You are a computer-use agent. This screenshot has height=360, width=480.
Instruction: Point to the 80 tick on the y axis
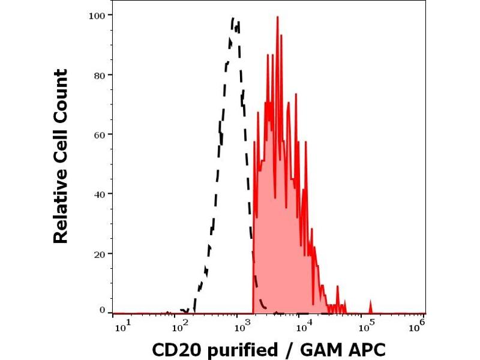click(99, 75)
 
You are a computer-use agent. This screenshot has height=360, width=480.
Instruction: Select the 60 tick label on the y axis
click(99, 134)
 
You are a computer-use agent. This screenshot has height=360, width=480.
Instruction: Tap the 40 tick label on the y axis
click(99, 194)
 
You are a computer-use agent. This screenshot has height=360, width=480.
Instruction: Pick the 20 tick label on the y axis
click(99, 254)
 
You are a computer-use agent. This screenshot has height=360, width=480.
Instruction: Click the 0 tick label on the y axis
click(102, 310)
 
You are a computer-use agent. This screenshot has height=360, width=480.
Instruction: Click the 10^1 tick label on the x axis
click(121, 325)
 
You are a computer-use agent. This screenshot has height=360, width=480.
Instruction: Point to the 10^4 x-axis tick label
click(305, 325)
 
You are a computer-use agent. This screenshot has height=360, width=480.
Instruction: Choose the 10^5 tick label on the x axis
click(367, 325)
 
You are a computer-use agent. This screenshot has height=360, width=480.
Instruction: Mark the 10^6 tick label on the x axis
click(420, 325)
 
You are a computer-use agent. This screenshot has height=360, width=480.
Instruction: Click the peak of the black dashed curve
click(233, 19)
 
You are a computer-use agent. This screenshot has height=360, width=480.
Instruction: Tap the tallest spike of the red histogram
click(277, 17)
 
